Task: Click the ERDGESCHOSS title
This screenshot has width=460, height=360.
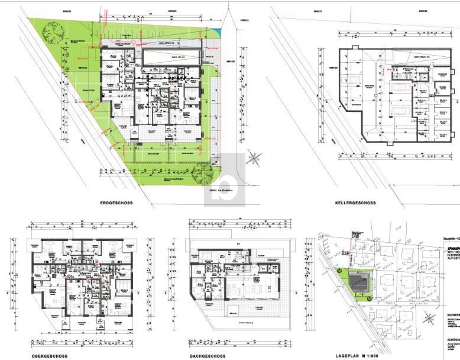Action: [x=116, y=203]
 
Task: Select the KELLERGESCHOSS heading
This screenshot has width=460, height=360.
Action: [x=355, y=203]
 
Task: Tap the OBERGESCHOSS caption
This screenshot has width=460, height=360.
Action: [x=49, y=356]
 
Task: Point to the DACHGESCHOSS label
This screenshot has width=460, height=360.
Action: [x=208, y=356]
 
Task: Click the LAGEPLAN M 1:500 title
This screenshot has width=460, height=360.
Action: [x=357, y=356]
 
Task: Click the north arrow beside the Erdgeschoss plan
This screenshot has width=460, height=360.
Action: [x=254, y=158]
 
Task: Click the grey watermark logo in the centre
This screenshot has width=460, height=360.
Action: [x=224, y=180]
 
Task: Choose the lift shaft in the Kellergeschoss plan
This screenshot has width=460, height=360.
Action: [x=425, y=77]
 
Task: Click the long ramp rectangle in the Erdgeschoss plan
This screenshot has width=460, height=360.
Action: [x=171, y=57]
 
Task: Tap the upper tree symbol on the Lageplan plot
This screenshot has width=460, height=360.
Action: [x=339, y=271]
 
